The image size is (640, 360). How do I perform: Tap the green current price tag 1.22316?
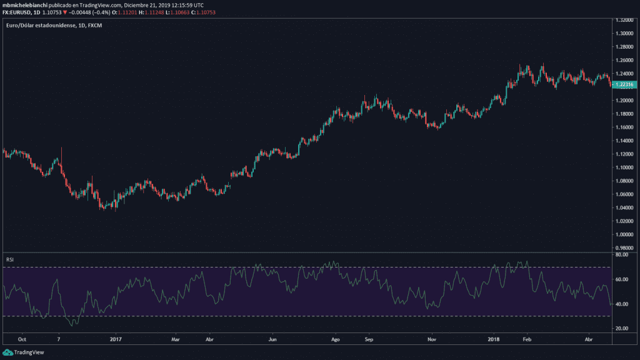tap(624, 84)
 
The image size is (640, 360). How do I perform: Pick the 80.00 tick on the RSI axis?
tap(621, 255)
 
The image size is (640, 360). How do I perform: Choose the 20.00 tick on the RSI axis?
tap(621, 328)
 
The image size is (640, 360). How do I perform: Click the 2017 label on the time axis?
tap(115, 340)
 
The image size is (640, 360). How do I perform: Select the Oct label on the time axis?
tap(22, 340)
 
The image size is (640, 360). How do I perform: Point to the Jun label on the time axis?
tap(272, 340)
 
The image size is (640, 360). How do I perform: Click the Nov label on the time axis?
tap(431, 340)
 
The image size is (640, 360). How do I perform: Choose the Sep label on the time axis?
tap(369, 340)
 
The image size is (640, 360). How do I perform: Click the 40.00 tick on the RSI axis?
tap(621, 304)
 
